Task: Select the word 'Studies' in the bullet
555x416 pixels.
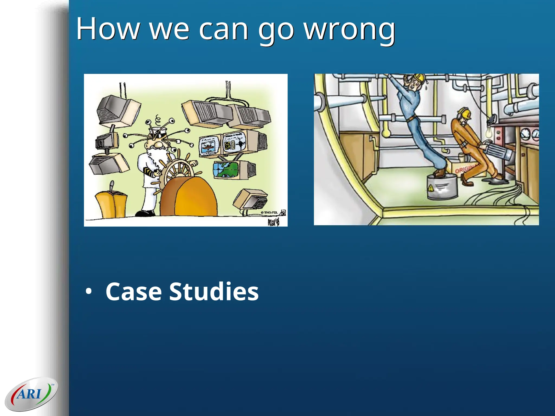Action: (214, 292)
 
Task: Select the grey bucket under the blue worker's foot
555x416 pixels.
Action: (442, 187)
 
